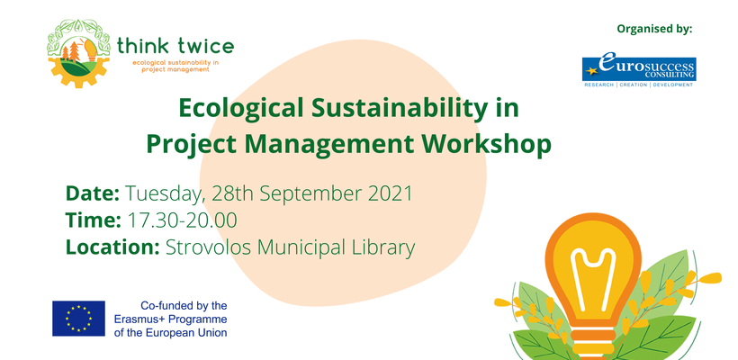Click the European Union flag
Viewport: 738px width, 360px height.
click(78, 319)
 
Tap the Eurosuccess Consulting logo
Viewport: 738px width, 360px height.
click(639, 71)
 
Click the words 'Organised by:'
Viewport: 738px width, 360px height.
click(654, 29)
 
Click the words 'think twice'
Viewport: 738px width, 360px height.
click(175, 46)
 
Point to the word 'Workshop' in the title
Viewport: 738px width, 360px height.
click(486, 144)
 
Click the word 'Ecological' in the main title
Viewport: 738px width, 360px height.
click(240, 109)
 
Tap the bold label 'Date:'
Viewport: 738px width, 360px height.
click(92, 193)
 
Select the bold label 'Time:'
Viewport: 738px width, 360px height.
click(94, 220)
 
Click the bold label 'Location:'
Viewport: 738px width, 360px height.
click(112, 247)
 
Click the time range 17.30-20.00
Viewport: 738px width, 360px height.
click(182, 220)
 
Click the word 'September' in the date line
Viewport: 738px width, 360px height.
click(311, 194)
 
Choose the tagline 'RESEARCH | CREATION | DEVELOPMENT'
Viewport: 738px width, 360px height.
click(639, 85)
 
